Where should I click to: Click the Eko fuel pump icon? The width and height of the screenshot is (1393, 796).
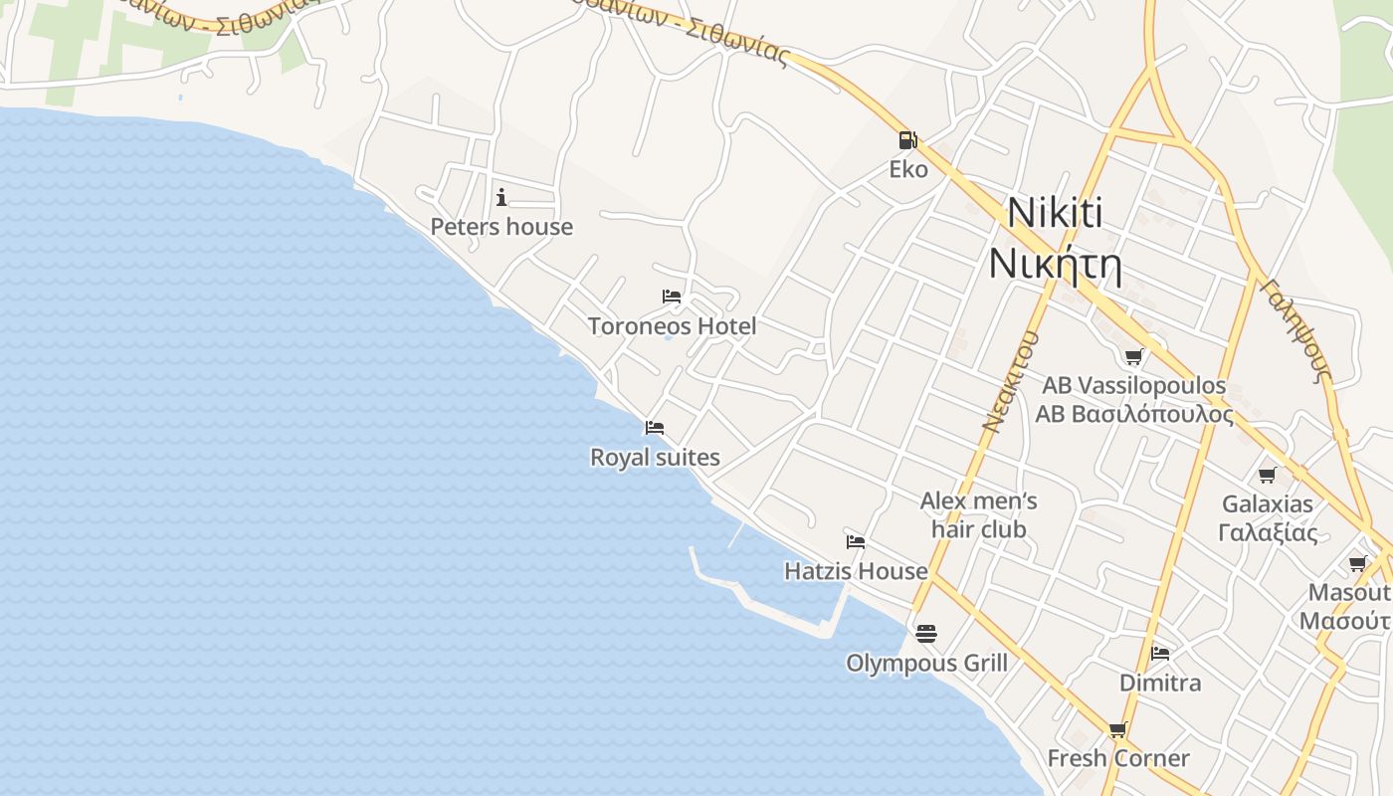point(906,140)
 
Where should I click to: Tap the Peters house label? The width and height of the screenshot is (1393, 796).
point(501,227)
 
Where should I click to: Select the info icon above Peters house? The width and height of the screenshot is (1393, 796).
point(501,197)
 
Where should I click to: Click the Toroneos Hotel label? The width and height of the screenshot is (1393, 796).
point(672,326)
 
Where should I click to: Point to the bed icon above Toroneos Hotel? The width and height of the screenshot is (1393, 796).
point(672,297)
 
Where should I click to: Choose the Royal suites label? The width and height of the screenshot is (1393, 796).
point(655,458)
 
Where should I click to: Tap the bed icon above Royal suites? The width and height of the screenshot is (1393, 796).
point(654,428)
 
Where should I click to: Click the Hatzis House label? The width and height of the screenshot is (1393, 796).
point(856,571)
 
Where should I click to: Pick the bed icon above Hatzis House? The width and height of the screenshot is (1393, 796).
point(855,542)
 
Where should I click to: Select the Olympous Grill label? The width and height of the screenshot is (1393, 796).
point(926,664)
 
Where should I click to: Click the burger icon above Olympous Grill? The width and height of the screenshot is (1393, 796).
point(926,634)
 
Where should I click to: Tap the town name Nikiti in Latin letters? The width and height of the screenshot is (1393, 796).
point(1055,213)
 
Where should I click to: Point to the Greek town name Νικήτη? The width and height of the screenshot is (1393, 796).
point(1055,266)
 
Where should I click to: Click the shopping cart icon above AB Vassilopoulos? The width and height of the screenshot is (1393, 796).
point(1133,356)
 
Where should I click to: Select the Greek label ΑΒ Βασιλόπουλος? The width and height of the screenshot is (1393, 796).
point(1134,414)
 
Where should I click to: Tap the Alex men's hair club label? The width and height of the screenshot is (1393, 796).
point(978,515)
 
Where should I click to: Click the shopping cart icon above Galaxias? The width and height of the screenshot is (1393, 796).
point(1267,475)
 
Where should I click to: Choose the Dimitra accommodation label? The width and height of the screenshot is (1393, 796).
point(1160,684)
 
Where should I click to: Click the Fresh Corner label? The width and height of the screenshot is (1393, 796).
point(1118,758)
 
